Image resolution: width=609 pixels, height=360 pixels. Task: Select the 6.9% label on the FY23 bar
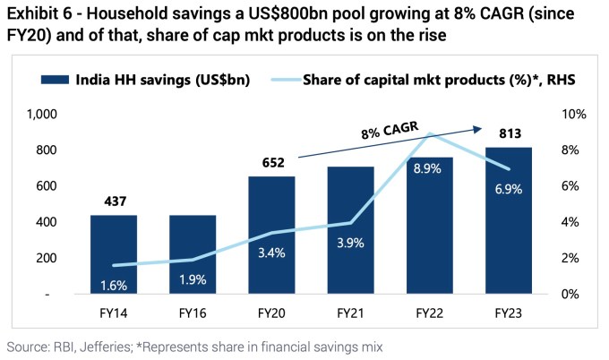[x=508, y=189]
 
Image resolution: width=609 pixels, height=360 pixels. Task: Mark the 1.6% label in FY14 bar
[x=114, y=284]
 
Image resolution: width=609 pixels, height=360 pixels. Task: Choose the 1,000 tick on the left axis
[x=42, y=115]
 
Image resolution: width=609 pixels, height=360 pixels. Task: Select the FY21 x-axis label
[x=350, y=315]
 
